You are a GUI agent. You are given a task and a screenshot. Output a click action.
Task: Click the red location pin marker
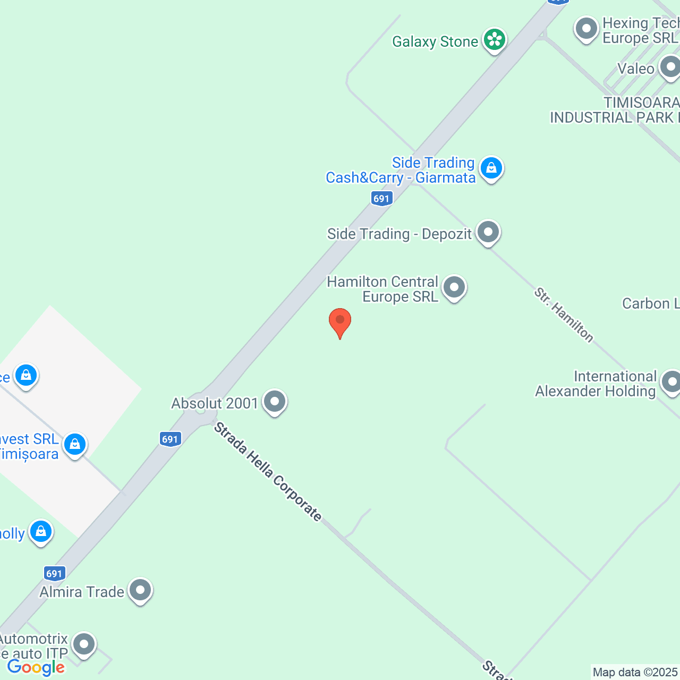point(340,321)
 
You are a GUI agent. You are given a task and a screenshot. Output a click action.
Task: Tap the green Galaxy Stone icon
point(495,39)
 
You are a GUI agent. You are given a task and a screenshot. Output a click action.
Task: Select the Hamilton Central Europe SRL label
point(382,289)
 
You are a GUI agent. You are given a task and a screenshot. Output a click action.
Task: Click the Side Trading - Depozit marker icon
point(488,232)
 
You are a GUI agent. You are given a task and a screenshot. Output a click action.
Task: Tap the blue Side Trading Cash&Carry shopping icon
point(491,168)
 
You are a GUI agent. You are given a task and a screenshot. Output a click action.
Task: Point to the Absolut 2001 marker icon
point(275,402)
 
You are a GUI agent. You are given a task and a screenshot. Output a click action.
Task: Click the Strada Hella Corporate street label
point(268,471)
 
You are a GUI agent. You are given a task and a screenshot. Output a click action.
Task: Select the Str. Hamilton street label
point(564,315)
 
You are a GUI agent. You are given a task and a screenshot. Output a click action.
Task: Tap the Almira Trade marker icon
point(140,590)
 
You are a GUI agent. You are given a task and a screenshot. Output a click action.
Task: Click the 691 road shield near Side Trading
point(381,199)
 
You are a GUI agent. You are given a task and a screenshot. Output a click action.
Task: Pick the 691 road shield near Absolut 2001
point(170,439)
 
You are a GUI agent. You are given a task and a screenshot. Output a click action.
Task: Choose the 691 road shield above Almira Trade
point(54,573)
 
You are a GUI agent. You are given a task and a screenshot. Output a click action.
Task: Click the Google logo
point(36,667)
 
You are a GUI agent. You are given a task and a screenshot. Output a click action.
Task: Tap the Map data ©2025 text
point(635,673)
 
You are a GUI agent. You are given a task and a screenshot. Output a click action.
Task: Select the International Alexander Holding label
point(596,384)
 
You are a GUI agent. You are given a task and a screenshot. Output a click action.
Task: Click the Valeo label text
point(635,69)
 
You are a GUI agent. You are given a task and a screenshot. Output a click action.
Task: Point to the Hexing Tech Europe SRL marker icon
point(586,29)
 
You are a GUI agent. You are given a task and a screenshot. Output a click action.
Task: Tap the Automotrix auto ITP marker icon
point(83,644)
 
